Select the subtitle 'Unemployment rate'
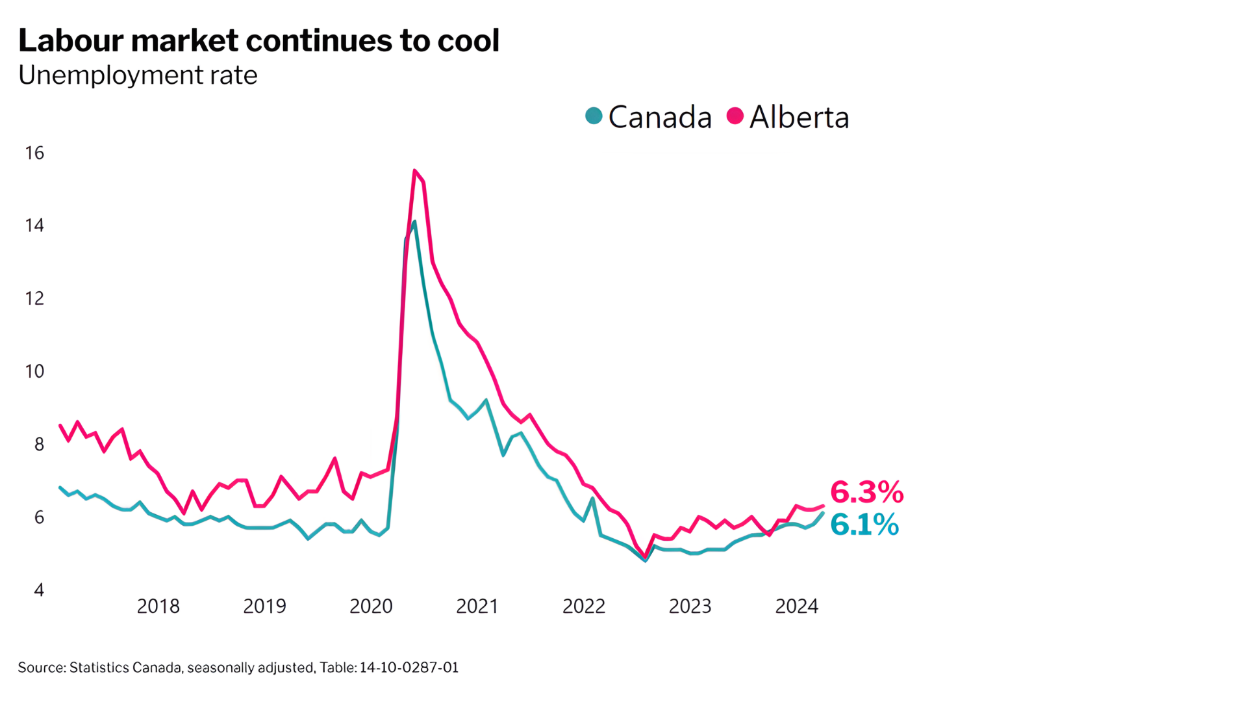[x=138, y=75]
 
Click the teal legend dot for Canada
[x=594, y=116]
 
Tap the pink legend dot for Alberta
[x=735, y=116]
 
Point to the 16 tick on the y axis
[x=34, y=153]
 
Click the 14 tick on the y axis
[x=34, y=226]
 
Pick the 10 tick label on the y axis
[x=34, y=372]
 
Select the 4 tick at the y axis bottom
[x=39, y=590]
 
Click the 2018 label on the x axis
[x=158, y=606]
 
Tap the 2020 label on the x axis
[x=371, y=606]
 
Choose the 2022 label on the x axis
[x=583, y=606]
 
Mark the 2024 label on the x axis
[x=796, y=606]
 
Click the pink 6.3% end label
[x=866, y=492]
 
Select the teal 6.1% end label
[x=864, y=525]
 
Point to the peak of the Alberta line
[x=414, y=171]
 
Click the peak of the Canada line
[x=414, y=222]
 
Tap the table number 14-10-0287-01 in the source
[x=409, y=668]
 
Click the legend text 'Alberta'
[x=799, y=118]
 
